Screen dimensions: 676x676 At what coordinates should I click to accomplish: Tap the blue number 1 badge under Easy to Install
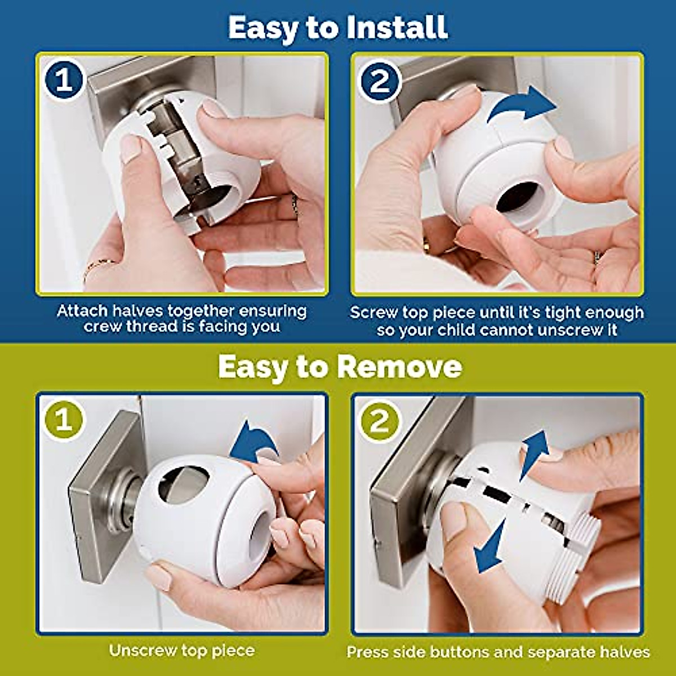point(64,80)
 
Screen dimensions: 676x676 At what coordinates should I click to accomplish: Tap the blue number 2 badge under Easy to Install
point(379,80)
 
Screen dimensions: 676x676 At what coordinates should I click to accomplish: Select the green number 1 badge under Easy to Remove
point(64,420)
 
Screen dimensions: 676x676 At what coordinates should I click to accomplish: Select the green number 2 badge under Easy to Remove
point(379,420)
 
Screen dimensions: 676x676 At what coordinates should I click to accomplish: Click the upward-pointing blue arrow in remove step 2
point(534,452)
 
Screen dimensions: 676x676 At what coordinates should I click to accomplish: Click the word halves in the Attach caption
point(137,311)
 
